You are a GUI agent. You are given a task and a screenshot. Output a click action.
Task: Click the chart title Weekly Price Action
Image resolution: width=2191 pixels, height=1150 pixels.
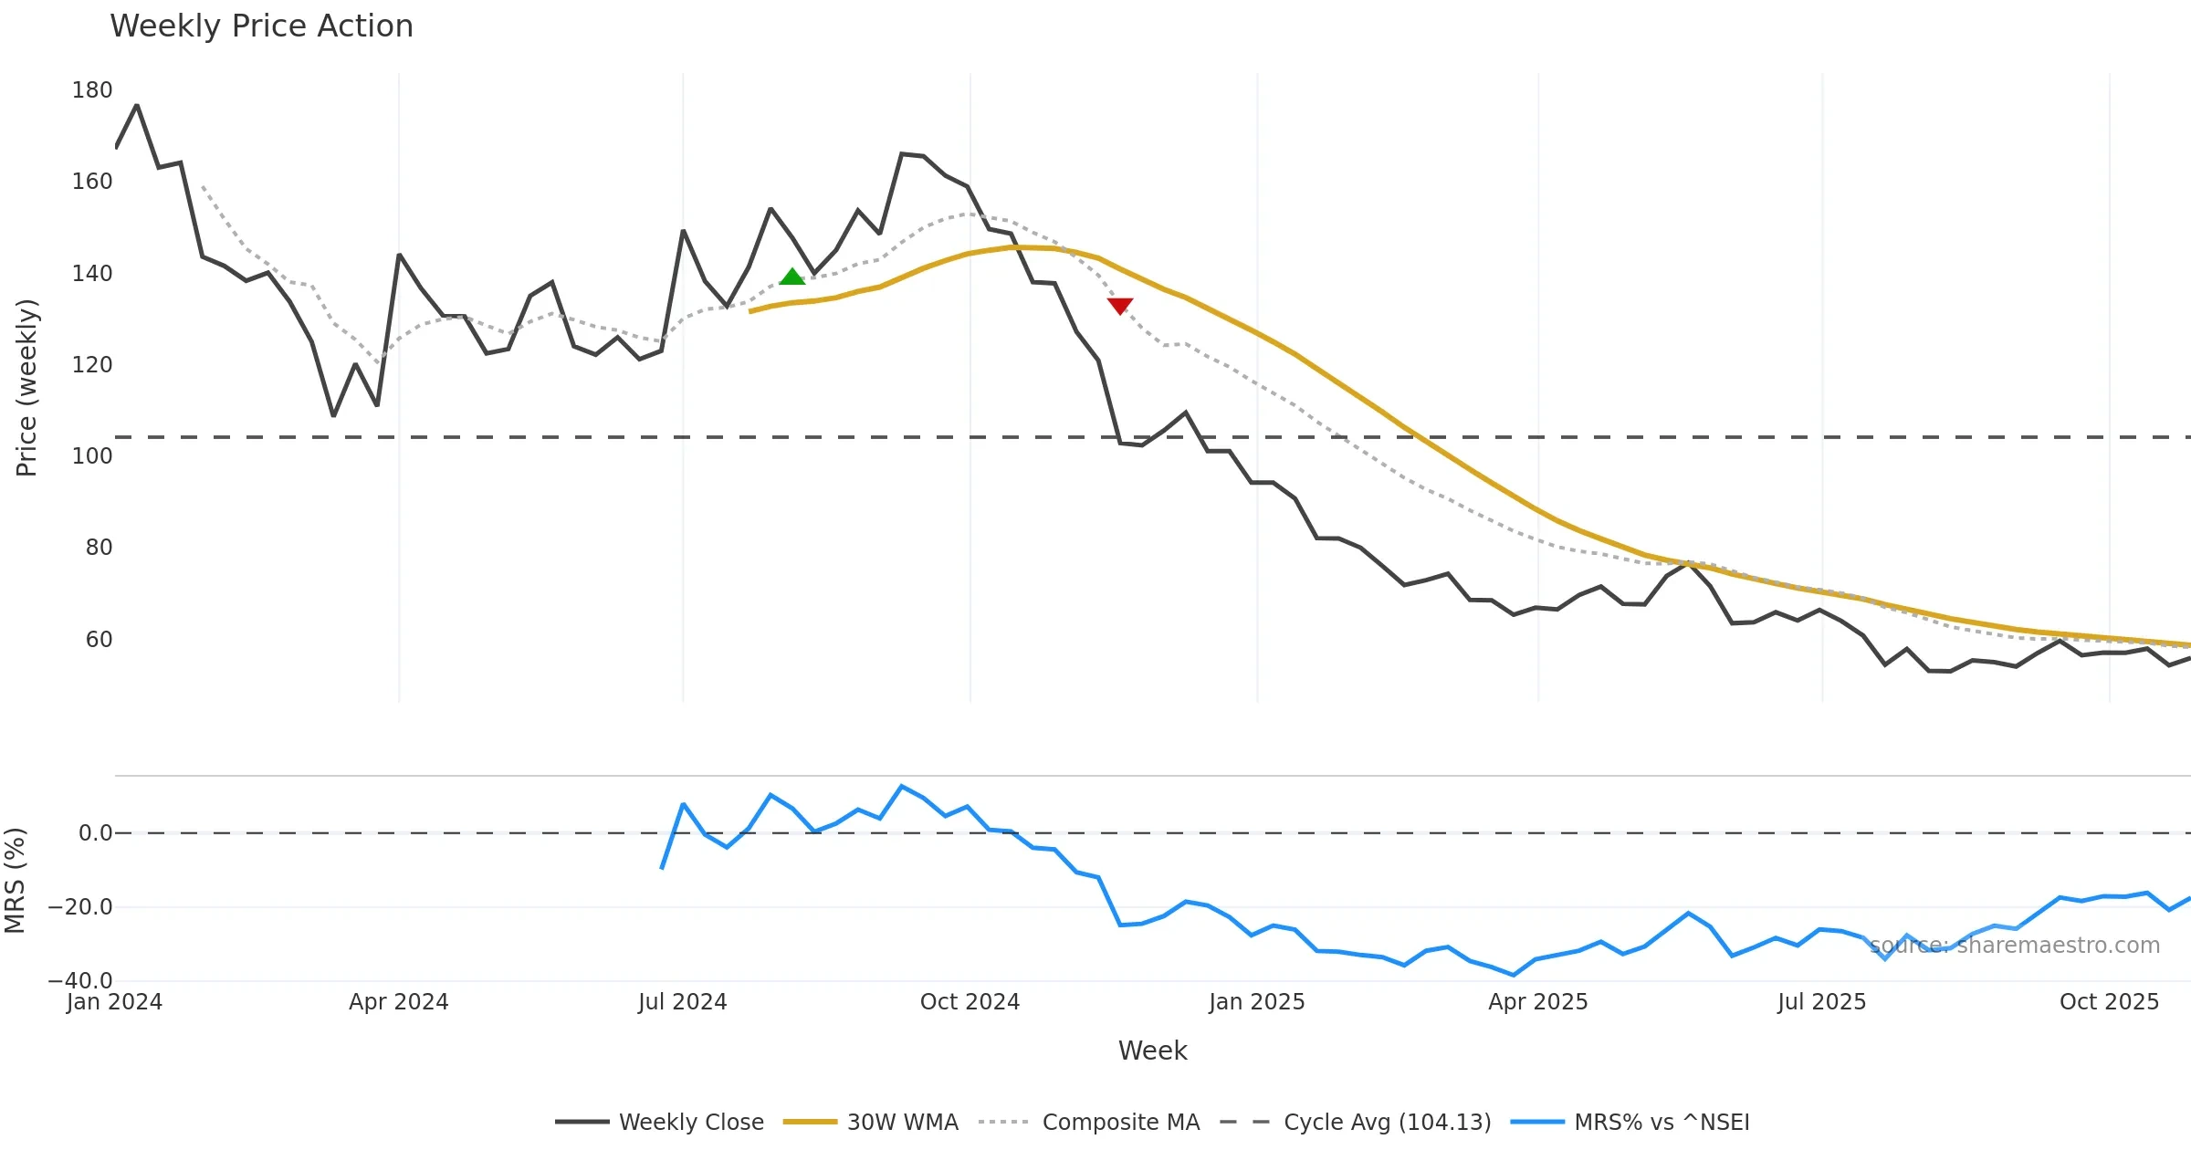tap(261, 26)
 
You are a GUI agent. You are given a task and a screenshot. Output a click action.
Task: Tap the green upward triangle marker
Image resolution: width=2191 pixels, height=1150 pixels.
tap(792, 277)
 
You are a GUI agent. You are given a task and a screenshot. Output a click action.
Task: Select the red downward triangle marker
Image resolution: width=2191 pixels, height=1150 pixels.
tap(1120, 306)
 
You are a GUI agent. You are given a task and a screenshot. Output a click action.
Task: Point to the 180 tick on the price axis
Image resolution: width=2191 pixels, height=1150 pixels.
tap(92, 90)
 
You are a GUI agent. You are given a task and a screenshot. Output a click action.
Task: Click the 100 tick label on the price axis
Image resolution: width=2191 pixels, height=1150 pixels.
tap(92, 456)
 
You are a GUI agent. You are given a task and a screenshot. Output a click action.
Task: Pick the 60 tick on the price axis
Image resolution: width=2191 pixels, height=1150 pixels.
tap(99, 640)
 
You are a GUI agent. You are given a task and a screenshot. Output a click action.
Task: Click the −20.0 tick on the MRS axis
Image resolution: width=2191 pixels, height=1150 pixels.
tap(80, 907)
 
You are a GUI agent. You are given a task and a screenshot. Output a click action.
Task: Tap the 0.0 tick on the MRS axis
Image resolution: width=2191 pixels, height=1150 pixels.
tap(95, 833)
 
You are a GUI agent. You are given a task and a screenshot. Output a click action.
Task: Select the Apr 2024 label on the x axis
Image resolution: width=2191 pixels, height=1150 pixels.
tap(399, 1002)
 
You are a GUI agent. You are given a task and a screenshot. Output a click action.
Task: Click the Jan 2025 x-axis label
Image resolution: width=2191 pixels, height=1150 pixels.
tap(1256, 1002)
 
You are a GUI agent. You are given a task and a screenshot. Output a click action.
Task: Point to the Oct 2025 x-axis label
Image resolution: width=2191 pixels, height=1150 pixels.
tap(2109, 1002)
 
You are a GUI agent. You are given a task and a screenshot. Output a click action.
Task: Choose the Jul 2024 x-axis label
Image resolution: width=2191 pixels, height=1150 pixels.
tap(683, 1002)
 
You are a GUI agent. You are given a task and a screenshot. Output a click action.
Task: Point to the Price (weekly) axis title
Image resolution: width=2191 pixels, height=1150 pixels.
tap(26, 388)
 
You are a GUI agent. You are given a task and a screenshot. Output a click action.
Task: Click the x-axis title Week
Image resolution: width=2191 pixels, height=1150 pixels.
tap(1152, 1051)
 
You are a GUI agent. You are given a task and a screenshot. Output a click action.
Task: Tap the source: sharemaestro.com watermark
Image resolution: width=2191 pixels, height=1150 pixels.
tap(2015, 946)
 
